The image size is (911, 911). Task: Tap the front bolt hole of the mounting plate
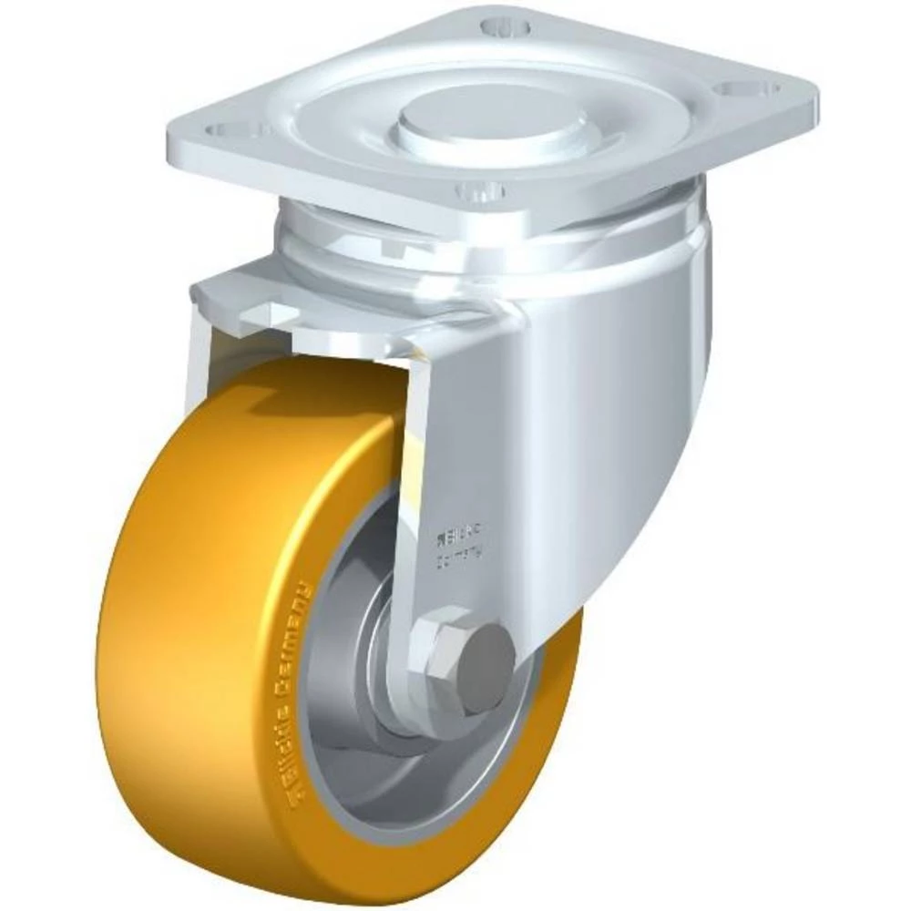click(480, 191)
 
